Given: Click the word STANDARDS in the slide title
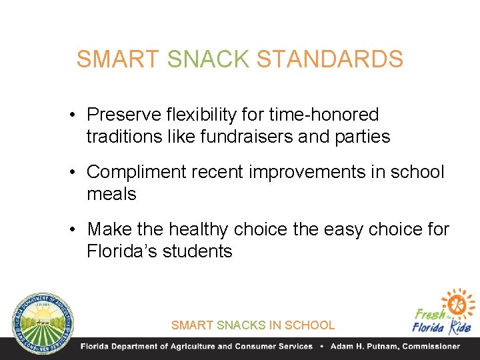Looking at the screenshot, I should pyautogui.click(x=330, y=59).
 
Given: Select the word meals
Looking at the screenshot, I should pyautogui.click(x=111, y=195).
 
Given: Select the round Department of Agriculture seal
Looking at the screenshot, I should pyautogui.click(x=41, y=321).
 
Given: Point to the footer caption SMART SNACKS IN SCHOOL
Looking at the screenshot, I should pyautogui.click(x=253, y=325).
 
